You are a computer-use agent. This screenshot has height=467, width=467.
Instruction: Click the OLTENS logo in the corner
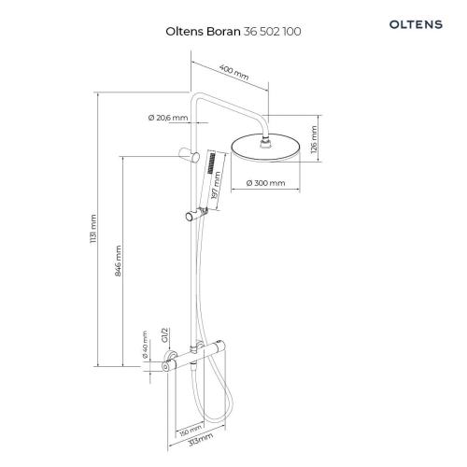(x=416, y=24)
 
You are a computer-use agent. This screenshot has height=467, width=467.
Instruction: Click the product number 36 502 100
(x=272, y=32)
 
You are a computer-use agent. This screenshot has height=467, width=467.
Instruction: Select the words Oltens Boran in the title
(x=203, y=32)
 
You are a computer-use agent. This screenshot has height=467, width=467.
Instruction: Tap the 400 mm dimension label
(x=233, y=72)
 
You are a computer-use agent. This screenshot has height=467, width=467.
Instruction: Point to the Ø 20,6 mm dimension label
(x=168, y=118)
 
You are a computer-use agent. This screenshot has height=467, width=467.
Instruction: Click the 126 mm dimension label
(x=314, y=139)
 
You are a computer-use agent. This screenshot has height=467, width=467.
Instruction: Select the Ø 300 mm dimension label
(x=265, y=183)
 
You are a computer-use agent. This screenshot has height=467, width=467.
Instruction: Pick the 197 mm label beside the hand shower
(x=216, y=185)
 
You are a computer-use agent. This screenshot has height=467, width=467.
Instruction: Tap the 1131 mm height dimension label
(x=93, y=229)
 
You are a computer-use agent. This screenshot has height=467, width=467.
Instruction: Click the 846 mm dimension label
(x=119, y=261)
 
